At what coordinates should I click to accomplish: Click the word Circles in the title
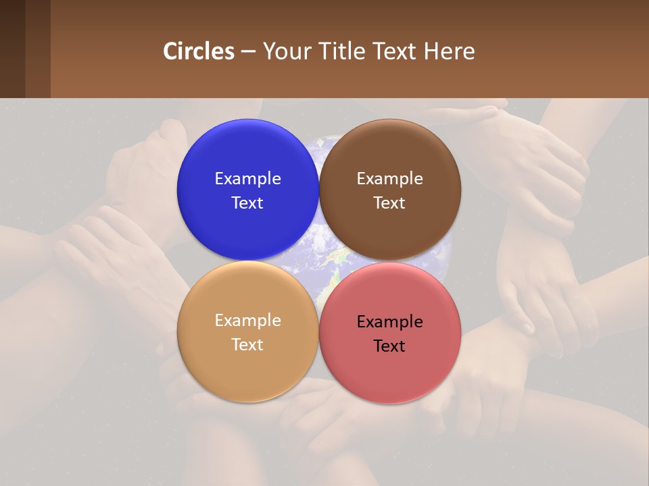point(199,51)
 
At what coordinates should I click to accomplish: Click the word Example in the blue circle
point(247,179)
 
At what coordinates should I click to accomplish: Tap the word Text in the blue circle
point(247,203)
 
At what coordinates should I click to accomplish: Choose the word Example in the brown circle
point(390,179)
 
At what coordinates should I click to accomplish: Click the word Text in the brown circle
point(390,203)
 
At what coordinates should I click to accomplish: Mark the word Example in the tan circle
point(247,321)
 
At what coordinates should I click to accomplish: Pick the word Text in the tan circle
point(247,345)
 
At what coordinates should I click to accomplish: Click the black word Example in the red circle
point(390,322)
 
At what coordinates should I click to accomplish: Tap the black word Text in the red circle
point(390,346)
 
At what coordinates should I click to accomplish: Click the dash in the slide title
point(248,52)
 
